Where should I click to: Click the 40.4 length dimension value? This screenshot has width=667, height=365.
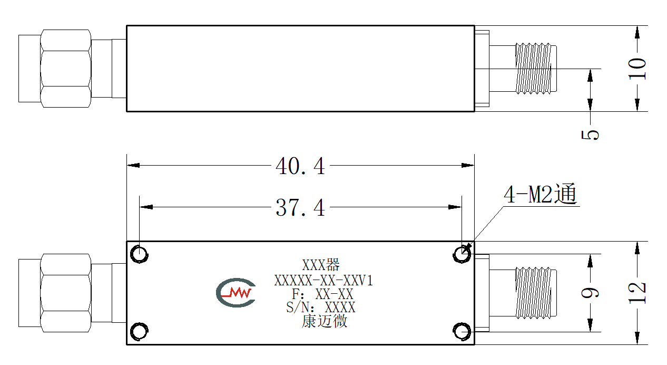300,166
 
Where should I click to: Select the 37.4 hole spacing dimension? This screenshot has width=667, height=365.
300,207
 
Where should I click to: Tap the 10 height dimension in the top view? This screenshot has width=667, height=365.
637,69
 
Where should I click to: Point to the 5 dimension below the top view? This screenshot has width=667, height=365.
590,135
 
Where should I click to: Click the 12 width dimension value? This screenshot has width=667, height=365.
637,293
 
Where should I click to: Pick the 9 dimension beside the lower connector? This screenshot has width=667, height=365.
590,293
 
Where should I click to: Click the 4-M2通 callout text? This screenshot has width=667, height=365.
540,194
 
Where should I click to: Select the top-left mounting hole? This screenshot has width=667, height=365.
139,254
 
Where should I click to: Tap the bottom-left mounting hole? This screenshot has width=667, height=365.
139,331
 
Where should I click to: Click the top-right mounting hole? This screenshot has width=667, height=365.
462,254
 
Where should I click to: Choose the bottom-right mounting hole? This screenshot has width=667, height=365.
462,331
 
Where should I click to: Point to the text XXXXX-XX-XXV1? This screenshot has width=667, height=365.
323,281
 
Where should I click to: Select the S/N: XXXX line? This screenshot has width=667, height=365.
321,308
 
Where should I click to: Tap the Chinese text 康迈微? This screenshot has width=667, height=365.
324,321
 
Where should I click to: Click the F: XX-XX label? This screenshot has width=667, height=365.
322,294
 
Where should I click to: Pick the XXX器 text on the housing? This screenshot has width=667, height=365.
321,264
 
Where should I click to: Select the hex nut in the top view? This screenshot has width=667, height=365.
65,69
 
